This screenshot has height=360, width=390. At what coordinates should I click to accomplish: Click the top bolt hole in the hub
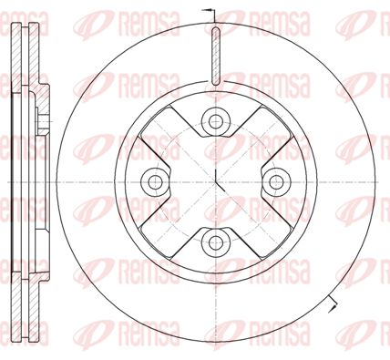point(216,121)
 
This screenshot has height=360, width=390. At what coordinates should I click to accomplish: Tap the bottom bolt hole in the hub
point(216,242)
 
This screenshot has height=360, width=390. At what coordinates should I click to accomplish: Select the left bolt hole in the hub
point(155,182)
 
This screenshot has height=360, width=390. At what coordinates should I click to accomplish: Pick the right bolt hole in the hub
point(276,182)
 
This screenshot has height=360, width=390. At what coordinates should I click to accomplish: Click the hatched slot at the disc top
point(216,56)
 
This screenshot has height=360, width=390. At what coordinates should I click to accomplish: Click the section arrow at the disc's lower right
point(333,303)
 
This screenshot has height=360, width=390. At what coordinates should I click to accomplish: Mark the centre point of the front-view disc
point(216,182)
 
